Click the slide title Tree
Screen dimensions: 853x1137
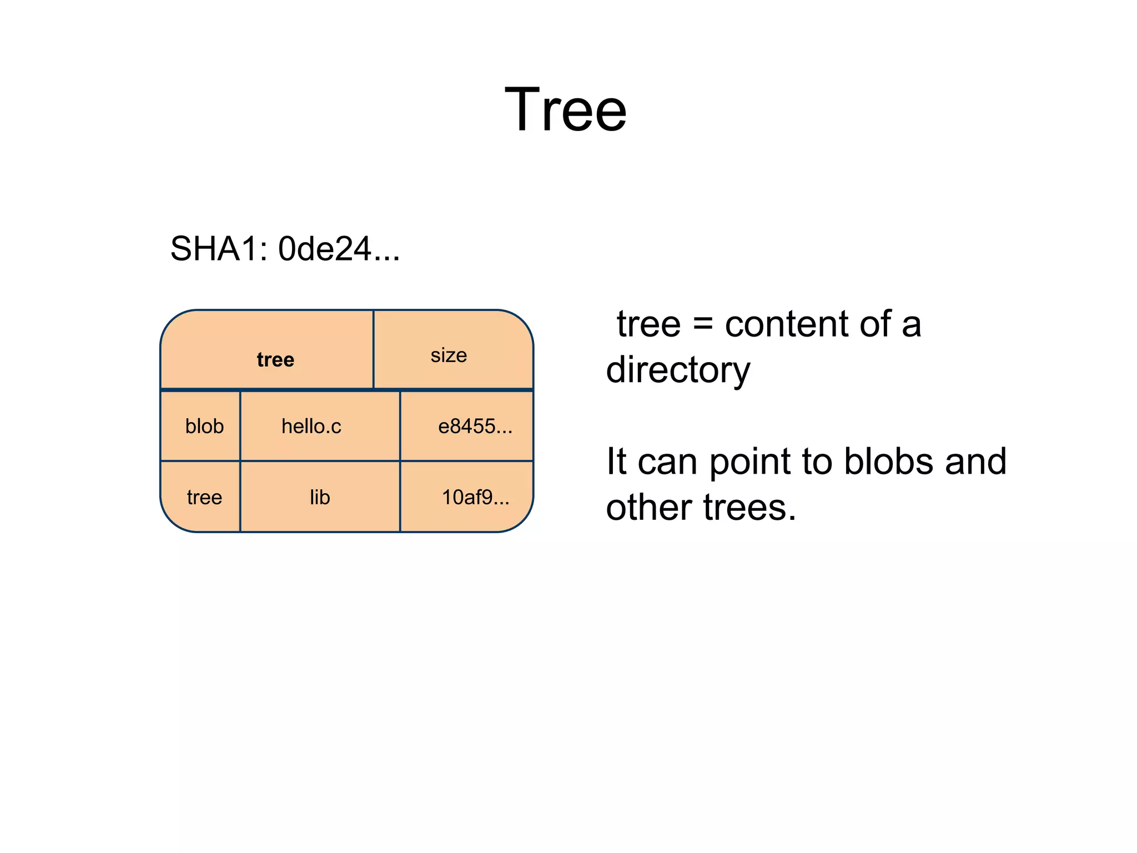[565, 110]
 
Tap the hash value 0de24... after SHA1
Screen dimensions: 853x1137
[339, 249]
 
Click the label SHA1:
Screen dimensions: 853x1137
[219, 249]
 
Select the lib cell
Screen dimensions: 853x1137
[320, 497]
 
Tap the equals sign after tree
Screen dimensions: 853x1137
[703, 324]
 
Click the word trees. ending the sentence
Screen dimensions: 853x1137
[749, 508]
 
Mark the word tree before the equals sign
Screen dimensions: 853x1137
[648, 324]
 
